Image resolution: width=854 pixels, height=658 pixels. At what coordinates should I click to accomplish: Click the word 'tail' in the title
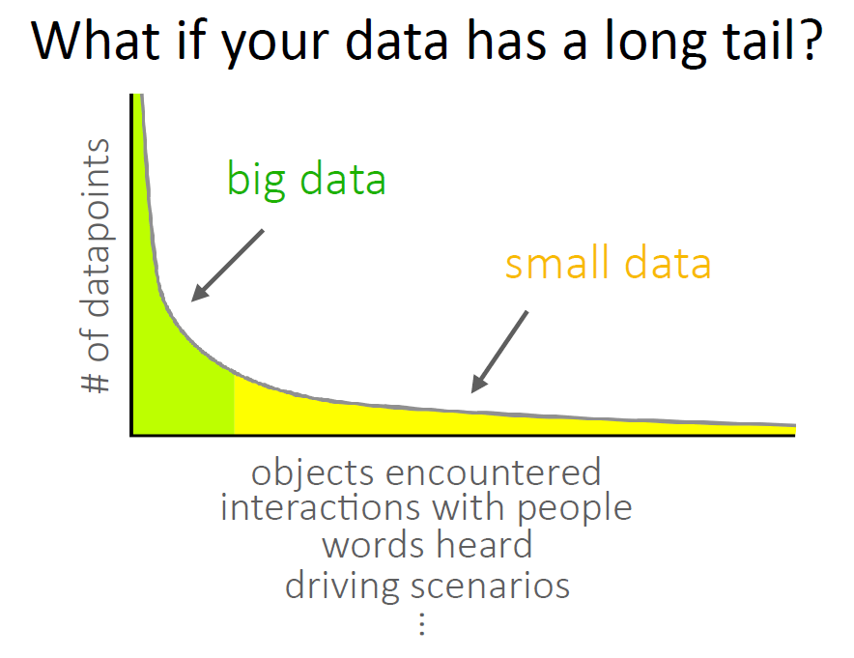[754, 41]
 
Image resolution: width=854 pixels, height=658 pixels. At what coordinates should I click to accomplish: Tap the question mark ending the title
[808, 41]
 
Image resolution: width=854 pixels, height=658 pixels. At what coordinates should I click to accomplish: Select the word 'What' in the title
[96, 42]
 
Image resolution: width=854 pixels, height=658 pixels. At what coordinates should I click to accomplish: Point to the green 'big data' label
[306, 180]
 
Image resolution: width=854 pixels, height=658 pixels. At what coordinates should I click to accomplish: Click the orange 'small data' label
[608, 264]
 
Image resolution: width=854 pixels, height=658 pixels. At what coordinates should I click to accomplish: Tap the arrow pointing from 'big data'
[227, 266]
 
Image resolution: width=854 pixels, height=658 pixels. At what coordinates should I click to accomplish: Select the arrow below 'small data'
[499, 352]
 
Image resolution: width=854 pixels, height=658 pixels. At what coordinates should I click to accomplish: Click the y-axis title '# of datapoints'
[96, 266]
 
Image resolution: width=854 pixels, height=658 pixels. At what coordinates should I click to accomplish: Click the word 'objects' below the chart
[312, 473]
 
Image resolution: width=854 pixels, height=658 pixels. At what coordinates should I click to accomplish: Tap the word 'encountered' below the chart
[493, 472]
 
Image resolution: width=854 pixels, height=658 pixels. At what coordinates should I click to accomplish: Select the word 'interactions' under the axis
[321, 507]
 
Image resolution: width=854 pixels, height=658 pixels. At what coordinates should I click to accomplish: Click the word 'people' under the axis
[574, 510]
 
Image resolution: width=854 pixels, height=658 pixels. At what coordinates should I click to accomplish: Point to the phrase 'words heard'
[427, 545]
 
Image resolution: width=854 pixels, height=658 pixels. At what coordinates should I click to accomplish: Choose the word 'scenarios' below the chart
[490, 586]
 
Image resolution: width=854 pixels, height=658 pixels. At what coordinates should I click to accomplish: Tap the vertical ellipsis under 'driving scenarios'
[422, 623]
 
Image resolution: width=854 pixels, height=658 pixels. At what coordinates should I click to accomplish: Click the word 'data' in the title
[396, 42]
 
